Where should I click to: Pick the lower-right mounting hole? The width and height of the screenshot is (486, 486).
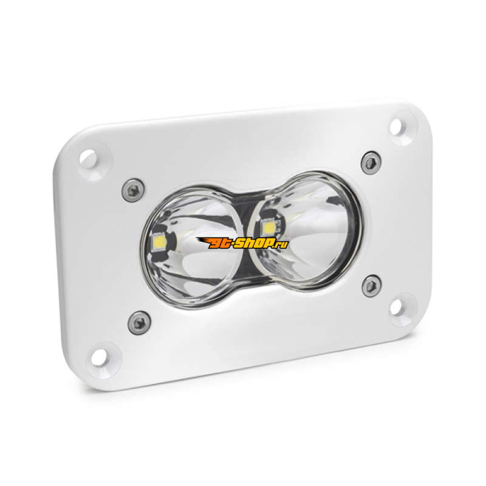(x=397, y=307)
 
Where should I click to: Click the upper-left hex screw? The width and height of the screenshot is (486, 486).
(x=133, y=190)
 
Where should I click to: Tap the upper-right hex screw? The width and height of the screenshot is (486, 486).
(x=371, y=163)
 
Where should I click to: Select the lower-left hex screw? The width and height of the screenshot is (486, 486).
(x=140, y=323)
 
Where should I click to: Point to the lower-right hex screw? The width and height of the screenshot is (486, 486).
(x=371, y=286)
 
